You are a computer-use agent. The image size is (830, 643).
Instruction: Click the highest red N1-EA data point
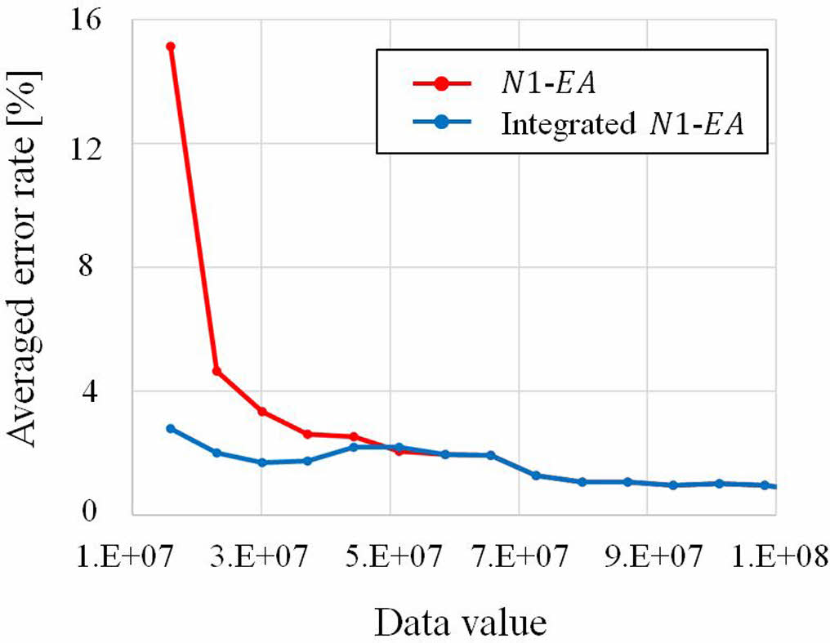[x=171, y=47]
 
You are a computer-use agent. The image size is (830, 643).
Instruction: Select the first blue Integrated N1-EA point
[x=171, y=428]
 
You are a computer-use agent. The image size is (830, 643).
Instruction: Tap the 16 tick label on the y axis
[x=107, y=20]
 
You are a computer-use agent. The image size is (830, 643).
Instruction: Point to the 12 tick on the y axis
[x=107, y=143]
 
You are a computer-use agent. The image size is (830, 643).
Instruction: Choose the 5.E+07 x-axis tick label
[x=390, y=558]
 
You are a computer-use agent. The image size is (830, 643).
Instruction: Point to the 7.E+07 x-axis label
[x=519, y=558]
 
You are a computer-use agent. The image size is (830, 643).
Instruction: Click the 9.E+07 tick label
[x=647, y=558]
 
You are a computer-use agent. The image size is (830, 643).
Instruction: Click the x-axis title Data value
[x=461, y=623]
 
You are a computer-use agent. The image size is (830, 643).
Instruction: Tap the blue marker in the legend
[x=441, y=123]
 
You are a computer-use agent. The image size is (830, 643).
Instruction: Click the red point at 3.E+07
[x=262, y=411]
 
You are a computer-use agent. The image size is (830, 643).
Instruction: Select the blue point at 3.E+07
[x=262, y=462]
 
